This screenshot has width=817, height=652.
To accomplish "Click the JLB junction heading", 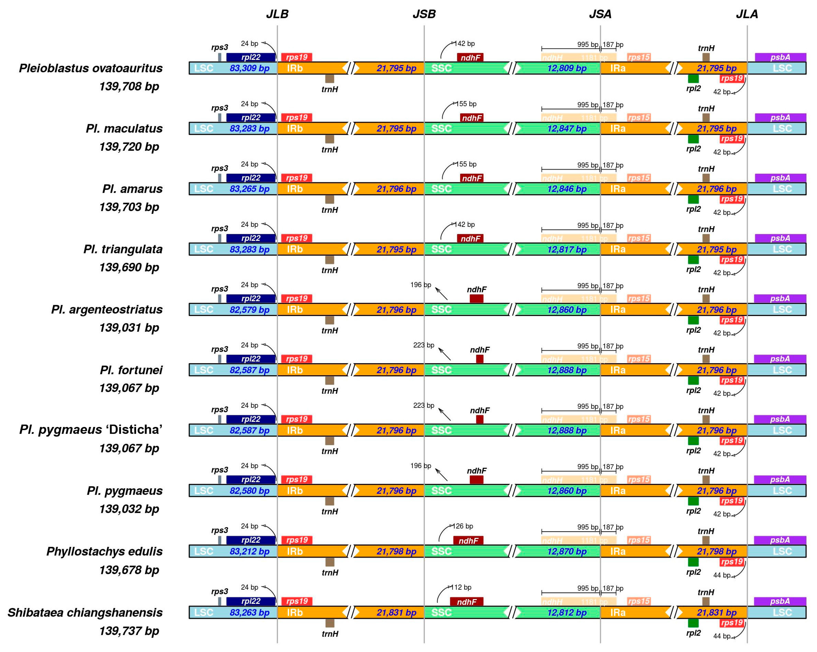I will click(x=277, y=14).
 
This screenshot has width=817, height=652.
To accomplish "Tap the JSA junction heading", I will click(x=600, y=14).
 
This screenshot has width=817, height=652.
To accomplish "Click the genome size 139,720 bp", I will click(x=129, y=147).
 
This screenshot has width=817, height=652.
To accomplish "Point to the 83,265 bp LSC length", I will click(x=249, y=189).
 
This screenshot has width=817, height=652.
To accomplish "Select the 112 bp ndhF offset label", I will click(x=461, y=587).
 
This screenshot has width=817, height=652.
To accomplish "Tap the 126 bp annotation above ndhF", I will click(x=463, y=526).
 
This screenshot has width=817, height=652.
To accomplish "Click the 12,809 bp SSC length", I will click(x=567, y=68).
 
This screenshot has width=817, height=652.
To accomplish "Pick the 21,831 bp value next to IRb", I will click(x=396, y=613).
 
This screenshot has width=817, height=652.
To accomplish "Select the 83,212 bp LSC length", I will click(x=249, y=552).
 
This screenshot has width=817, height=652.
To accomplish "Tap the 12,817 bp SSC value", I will click(x=567, y=249).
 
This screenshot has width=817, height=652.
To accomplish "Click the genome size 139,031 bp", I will click(x=129, y=328).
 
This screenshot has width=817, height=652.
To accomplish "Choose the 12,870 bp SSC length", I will click(x=567, y=552).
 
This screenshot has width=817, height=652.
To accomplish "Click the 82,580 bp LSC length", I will click(x=249, y=491).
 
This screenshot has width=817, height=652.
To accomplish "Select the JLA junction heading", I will click(x=747, y=14).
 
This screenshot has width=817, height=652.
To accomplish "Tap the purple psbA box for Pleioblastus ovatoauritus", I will click(x=780, y=57).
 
